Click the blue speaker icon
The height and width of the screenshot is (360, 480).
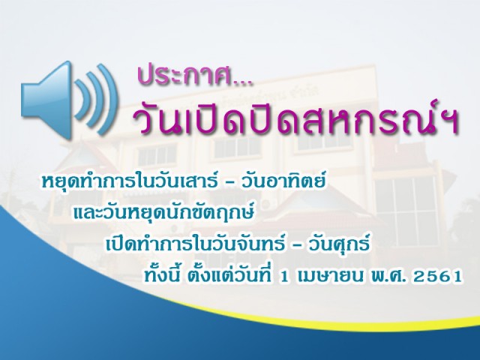(69, 100)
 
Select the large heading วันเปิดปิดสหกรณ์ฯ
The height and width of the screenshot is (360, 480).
(295, 118)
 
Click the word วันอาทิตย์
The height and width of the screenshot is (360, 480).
(283, 181)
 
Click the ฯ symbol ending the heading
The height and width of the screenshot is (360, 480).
(449, 122)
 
